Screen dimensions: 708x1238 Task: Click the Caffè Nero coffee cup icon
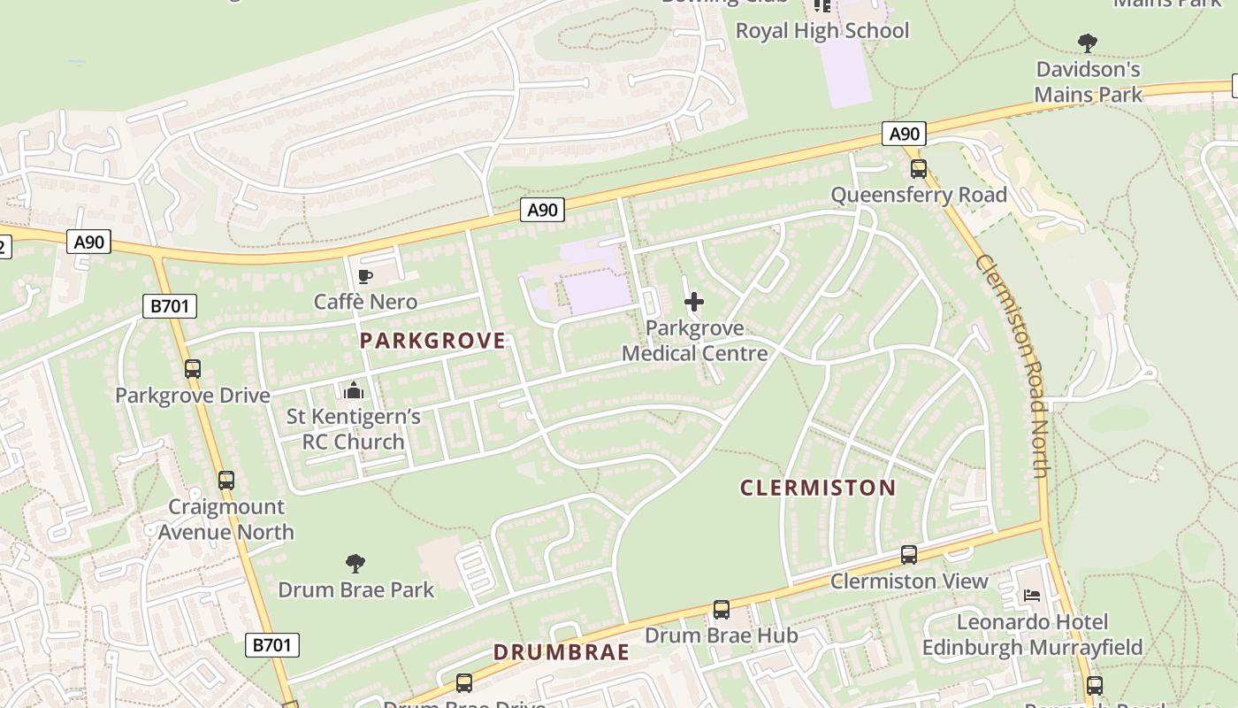click(x=365, y=277)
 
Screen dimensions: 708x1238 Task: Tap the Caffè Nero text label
click(x=365, y=303)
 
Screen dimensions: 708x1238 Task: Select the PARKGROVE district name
click(x=432, y=341)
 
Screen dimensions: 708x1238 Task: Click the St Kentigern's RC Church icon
click(x=354, y=390)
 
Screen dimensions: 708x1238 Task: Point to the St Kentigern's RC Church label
click(x=353, y=429)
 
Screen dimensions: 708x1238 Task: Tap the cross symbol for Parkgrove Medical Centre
click(x=694, y=302)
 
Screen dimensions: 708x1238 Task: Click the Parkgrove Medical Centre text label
click(x=694, y=341)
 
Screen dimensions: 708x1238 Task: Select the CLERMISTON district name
click(x=818, y=488)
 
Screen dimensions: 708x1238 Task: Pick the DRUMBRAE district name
click(x=562, y=652)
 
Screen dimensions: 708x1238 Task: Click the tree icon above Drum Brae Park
click(x=355, y=564)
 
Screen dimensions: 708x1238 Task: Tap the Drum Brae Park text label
click(x=355, y=589)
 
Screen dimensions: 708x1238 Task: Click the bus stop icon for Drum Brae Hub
click(x=722, y=610)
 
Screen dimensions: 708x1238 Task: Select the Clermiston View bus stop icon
click(x=909, y=555)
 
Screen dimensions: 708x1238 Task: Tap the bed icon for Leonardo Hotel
click(x=1032, y=596)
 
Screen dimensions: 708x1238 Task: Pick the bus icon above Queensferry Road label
click(x=919, y=169)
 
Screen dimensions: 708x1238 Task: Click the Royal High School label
click(x=822, y=31)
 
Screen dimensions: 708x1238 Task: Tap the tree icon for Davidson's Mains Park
click(x=1088, y=42)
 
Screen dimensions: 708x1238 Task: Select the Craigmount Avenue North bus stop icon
click(x=226, y=481)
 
